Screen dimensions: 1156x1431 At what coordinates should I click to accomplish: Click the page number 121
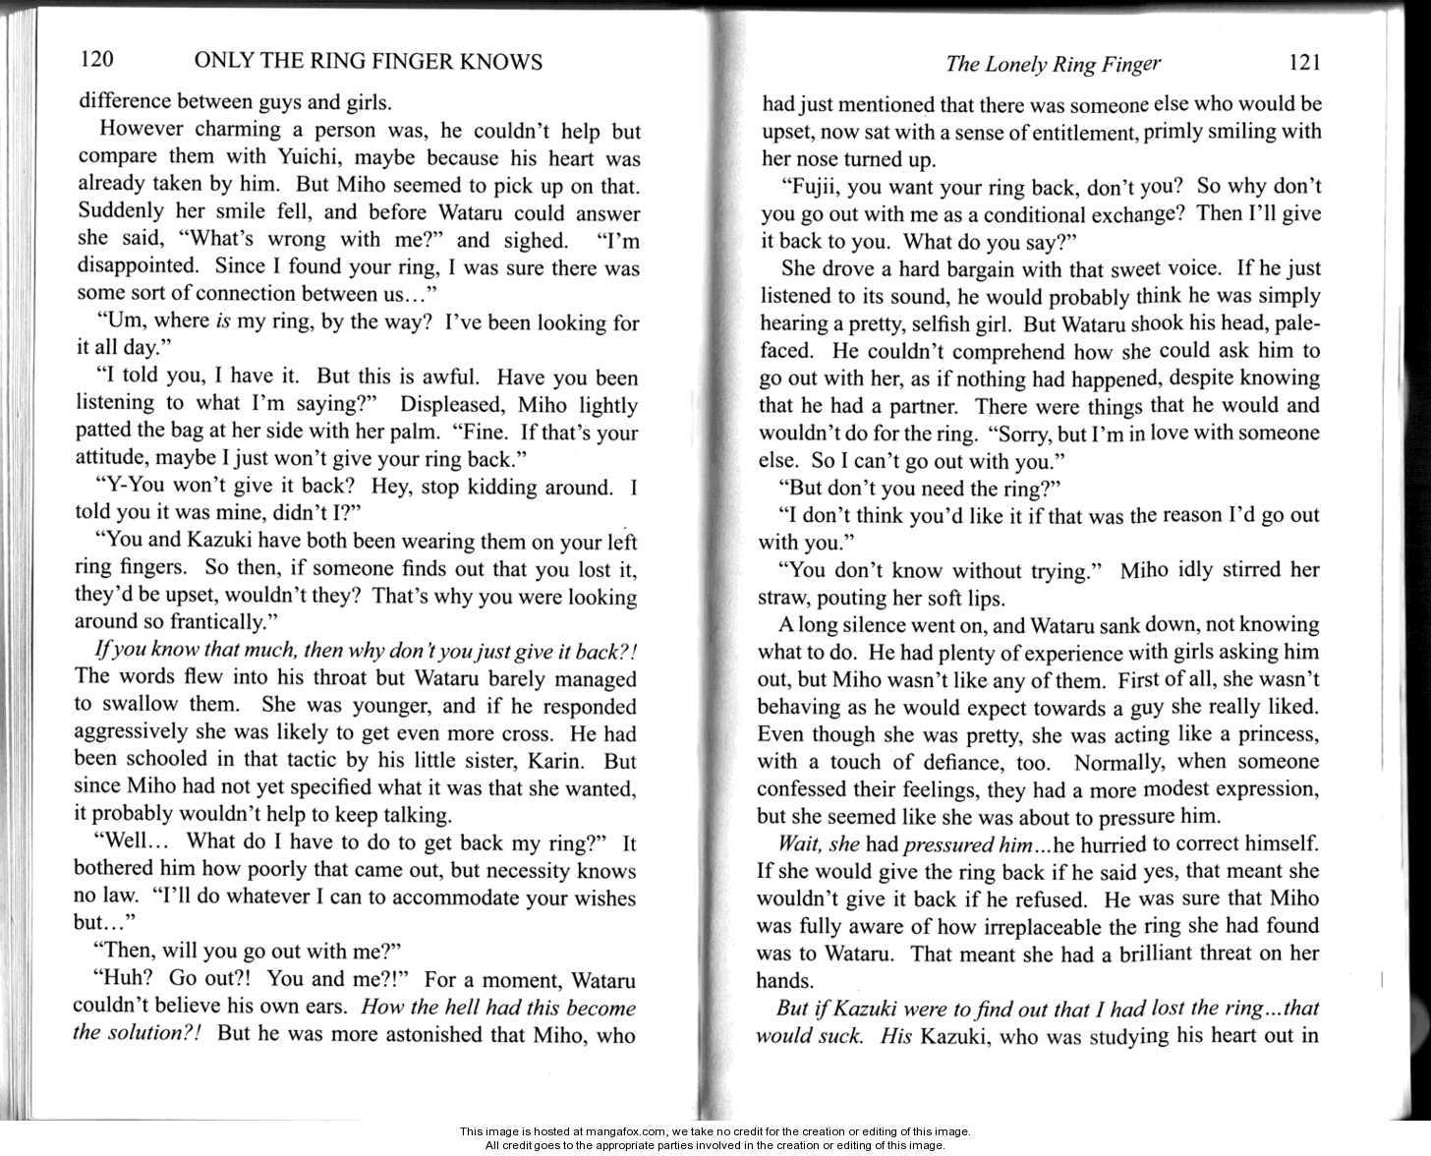[x=1302, y=63]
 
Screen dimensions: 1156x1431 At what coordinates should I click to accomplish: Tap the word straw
[x=781, y=597]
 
